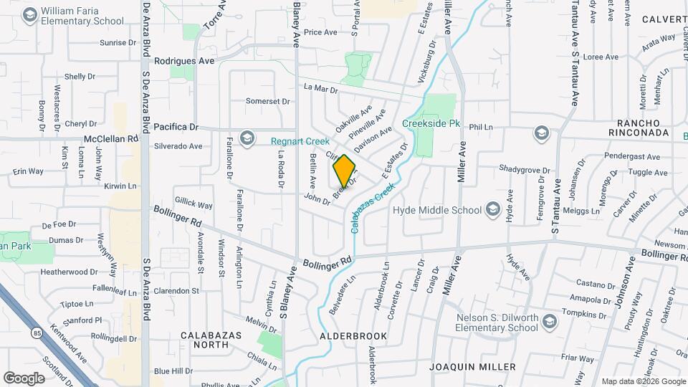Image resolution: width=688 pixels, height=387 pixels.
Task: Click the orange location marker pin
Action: click(344, 171)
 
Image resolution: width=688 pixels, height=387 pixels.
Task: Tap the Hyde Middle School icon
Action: click(492, 209)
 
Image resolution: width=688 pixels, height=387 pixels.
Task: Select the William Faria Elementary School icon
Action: click(30, 14)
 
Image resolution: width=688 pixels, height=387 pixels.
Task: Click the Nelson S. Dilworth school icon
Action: click(550, 320)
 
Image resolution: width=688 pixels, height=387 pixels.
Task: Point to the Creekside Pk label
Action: click(430, 123)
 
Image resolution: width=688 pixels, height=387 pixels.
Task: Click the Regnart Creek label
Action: click(300, 141)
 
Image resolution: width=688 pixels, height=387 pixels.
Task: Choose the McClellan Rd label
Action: click(110, 138)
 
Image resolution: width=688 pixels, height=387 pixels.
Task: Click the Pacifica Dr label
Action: click(176, 126)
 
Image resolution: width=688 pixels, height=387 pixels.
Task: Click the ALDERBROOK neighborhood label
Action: click(353, 335)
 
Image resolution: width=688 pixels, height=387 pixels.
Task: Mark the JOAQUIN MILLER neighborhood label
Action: click(472, 366)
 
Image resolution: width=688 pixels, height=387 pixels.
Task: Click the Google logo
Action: click(24, 378)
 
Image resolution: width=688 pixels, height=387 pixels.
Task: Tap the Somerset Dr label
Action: click(267, 102)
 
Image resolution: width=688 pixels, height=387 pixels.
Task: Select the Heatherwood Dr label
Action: click(69, 272)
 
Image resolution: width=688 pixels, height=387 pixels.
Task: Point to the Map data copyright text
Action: click(643, 381)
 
